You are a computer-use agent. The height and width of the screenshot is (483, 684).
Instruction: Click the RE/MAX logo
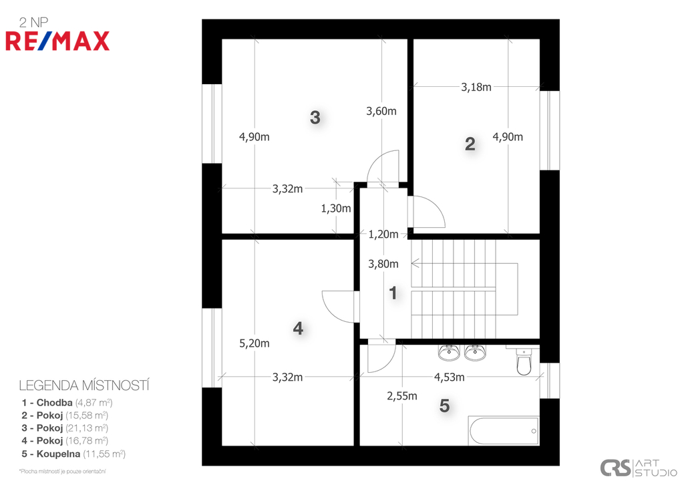pyautogui.click(x=57, y=41)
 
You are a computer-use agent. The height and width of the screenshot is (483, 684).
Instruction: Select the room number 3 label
pyautogui.click(x=315, y=118)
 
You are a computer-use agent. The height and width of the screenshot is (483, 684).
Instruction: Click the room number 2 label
pyautogui.click(x=470, y=144)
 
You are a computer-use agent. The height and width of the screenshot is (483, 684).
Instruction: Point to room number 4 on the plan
pyautogui.click(x=298, y=329)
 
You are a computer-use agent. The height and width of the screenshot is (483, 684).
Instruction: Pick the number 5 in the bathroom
pyautogui.click(x=444, y=406)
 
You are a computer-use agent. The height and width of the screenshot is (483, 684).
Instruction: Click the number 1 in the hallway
pyautogui.click(x=393, y=293)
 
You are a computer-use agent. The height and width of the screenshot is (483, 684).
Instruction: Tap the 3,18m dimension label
pyautogui.click(x=476, y=88)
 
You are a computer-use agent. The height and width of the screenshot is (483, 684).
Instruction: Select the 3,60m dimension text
pyautogui.click(x=381, y=112)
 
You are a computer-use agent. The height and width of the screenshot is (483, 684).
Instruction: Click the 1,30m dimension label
pyautogui.click(x=336, y=208)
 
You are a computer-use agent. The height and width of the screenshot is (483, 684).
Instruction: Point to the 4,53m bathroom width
pyautogui.click(x=450, y=377)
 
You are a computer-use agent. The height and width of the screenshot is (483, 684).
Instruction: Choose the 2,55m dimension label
pyautogui.click(x=401, y=396)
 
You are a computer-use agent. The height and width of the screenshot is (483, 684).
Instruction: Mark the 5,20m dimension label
pyautogui.click(x=254, y=343)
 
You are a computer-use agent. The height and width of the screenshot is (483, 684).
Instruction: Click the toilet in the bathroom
pyautogui.click(x=523, y=361)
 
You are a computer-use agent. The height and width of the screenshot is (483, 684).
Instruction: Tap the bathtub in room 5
pyautogui.click(x=504, y=431)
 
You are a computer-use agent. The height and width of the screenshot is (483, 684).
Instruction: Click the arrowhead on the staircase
pyautogui.click(x=415, y=263)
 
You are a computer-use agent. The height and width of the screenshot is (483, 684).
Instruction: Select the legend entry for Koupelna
pyautogui.click(x=73, y=454)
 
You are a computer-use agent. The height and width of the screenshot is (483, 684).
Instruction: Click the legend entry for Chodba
pyautogui.click(x=67, y=403)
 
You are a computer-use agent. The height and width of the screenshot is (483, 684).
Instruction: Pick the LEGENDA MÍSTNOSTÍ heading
pyautogui.click(x=84, y=385)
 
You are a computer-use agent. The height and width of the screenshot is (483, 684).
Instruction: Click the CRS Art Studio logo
pyautogui.click(x=638, y=468)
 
